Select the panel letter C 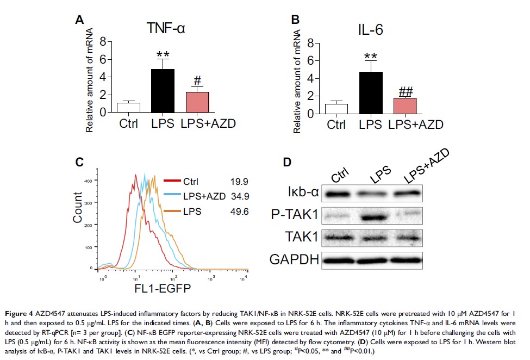coord(79,161)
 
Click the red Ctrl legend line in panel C coord(171,181)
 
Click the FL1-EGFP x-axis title coord(163,289)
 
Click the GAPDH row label coord(294,259)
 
